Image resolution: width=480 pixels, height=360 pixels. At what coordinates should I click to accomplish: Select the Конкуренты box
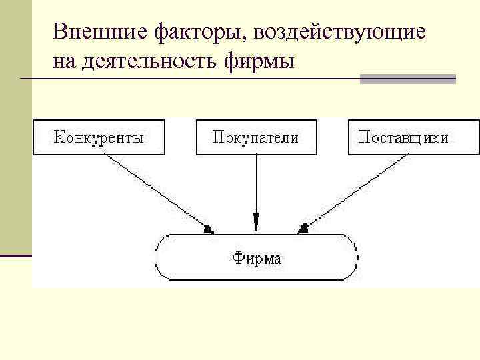(99, 137)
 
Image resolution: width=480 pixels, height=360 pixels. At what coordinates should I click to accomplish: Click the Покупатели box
(256, 137)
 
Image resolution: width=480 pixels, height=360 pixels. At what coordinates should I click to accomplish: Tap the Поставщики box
(413, 137)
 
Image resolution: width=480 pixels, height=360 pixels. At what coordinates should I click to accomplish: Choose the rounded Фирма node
(256, 257)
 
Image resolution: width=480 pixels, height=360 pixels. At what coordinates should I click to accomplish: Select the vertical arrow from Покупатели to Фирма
(256, 187)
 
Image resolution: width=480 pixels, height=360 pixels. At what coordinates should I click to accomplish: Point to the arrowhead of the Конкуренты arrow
(209, 229)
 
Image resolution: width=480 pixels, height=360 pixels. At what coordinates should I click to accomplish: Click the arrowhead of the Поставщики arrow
(303, 229)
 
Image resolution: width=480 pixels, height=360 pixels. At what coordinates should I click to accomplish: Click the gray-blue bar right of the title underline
(407, 79)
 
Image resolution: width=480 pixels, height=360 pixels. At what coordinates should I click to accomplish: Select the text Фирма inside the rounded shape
(256, 257)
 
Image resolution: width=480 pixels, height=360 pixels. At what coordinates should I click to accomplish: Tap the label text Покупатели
(256, 137)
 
